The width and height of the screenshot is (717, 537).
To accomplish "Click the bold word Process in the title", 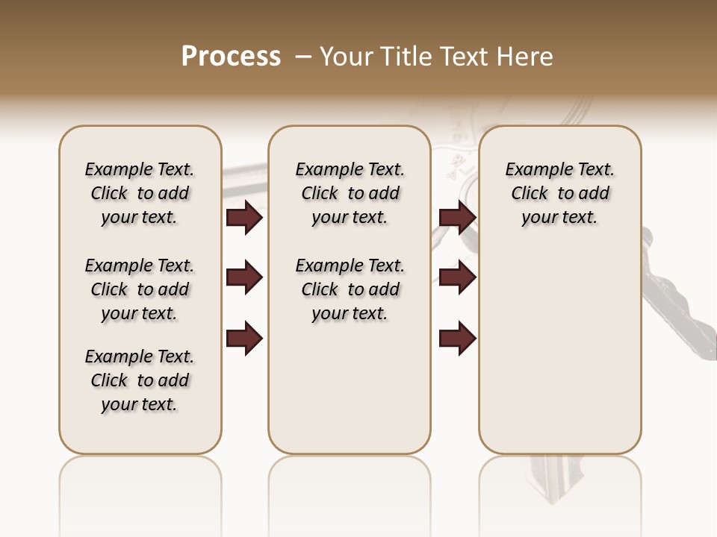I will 231,57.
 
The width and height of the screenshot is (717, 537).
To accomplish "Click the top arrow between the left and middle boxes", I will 244,218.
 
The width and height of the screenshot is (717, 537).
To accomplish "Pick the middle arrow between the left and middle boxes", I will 244,278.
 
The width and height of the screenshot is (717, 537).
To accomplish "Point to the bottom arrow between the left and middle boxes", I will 244,339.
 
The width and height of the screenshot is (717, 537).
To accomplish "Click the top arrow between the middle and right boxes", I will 458,218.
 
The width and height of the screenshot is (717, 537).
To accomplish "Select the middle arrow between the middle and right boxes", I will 458,278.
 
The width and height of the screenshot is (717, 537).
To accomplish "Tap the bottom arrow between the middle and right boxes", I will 458,339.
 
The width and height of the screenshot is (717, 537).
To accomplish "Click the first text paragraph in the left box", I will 140,193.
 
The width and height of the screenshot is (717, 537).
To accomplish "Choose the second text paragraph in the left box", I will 140,289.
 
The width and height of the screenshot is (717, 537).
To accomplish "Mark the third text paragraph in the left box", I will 140,380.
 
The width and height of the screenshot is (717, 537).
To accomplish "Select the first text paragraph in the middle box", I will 350,193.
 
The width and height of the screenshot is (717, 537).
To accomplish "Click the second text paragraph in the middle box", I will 350,289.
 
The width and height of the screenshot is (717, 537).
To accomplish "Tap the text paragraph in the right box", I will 559,193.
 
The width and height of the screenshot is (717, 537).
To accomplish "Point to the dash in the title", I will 302,57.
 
